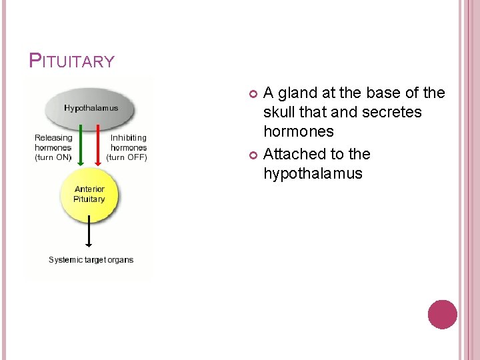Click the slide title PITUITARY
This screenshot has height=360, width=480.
click(x=72, y=61)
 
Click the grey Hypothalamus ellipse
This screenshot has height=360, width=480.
click(x=91, y=108)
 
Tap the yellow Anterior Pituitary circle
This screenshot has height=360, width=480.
click(x=89, y=195)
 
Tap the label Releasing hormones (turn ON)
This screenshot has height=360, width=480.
click(x=53, y=147)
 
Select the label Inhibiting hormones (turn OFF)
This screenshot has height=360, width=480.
click(x=128, y=147)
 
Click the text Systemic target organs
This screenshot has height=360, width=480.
click(x=91, y=259)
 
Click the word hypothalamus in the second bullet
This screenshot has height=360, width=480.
click(x=313, y=173)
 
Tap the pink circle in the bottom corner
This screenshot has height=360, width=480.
click(x=442, y=315)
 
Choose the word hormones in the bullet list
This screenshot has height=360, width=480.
click(x=298, y=131)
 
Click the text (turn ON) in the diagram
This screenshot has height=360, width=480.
click(x=53, y=157)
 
